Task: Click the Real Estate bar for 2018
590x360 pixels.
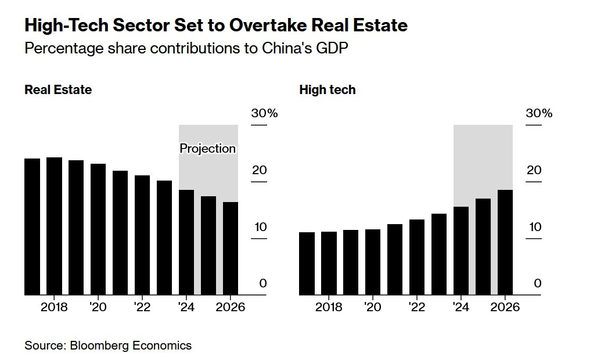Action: (x=55, y=226)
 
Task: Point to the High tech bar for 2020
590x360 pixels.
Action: (x=373, y=262)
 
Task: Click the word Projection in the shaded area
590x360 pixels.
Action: (x=208, y=149)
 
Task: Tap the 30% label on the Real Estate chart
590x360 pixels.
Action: (x=264, y=113)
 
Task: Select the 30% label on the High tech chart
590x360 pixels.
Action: (x=539, y=113)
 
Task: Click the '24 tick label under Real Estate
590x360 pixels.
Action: (x=187, y=307)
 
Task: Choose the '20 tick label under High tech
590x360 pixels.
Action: (x=373, y=307)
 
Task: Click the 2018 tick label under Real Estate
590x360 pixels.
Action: (x=55, y=307)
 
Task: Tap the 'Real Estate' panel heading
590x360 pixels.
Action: (x=58, y=90)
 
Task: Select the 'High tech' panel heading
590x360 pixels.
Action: (x=328, y=90)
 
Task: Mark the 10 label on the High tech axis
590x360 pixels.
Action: (x=534, y=227)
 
